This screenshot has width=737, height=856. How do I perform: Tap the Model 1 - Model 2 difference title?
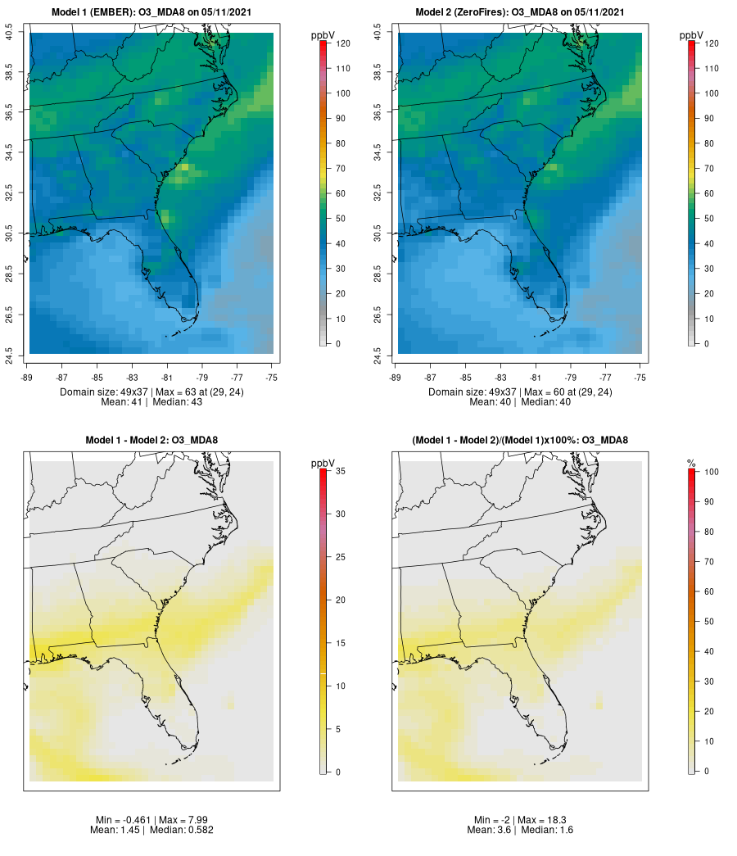pyautogui.click(x=151, y=441)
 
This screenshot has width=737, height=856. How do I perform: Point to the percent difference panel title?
pyautogui.click(x=521, y=441)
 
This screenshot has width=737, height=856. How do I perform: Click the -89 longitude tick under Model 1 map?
pyautogui.click(x=29, y=378)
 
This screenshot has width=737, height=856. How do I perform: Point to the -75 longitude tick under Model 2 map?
pyautogui.click(x=640, y=378)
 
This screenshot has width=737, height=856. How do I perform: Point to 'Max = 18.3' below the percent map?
pyautogui.click(x=544, y=820)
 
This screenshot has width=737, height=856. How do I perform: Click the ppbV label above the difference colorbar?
pyautogui.click(x=323, y=464)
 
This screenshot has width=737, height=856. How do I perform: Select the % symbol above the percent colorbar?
pyautogui.click(x=691, y=464)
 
